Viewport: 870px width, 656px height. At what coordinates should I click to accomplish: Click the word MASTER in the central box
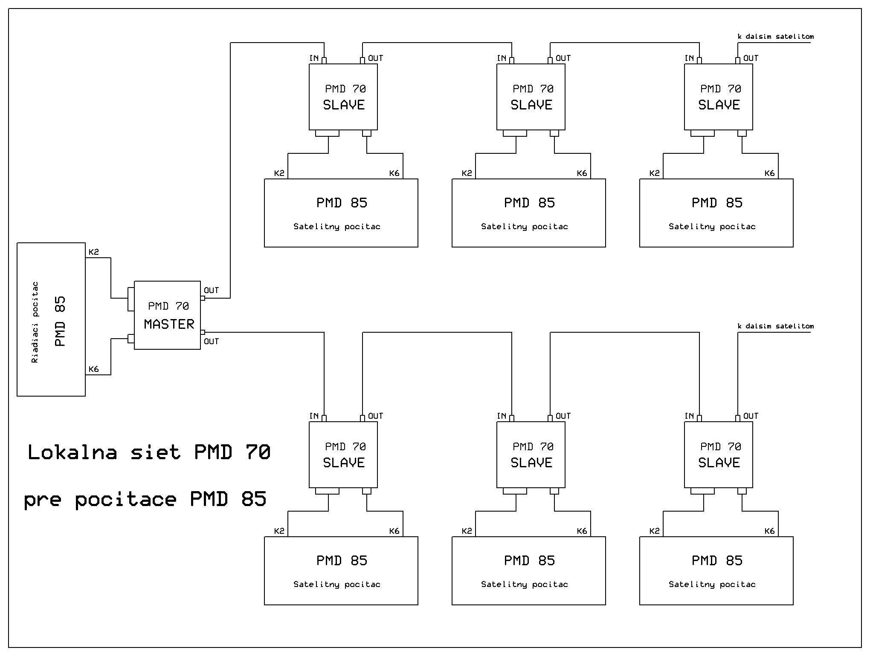169,324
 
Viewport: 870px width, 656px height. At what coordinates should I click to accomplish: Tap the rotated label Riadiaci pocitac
35,322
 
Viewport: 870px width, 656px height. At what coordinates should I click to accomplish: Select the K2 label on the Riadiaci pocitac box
94,252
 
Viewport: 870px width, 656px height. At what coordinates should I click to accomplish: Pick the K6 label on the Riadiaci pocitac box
94,369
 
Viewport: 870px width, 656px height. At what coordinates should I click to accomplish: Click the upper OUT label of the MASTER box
211,291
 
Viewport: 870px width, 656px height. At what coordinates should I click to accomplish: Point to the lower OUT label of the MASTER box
211,342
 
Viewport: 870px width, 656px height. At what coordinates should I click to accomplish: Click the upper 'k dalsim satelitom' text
775,37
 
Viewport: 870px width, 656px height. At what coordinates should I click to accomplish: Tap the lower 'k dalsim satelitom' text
775,326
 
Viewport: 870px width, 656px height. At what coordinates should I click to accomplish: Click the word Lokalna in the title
72,452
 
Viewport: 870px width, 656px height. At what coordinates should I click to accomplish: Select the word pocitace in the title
126,499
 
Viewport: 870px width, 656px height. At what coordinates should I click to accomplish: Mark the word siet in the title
156,452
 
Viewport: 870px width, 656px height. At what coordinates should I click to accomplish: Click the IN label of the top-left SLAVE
314,58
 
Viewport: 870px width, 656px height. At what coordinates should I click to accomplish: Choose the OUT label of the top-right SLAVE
751,58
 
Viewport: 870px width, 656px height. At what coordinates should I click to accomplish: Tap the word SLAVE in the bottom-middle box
531,463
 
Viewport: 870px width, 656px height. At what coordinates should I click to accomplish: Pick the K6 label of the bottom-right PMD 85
769,531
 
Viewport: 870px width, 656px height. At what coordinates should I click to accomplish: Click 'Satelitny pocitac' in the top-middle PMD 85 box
525,227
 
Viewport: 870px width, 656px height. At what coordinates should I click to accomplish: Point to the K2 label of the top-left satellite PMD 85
279,173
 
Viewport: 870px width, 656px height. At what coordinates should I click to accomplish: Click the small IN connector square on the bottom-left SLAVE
324,418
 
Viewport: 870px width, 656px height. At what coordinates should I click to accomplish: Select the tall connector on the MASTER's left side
131,299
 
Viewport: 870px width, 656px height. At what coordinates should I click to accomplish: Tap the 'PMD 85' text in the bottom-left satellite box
342,561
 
